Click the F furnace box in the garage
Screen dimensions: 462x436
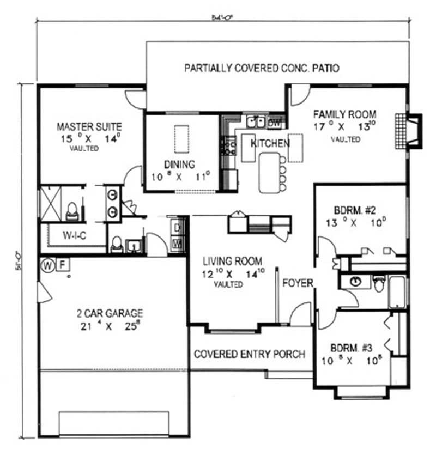63,265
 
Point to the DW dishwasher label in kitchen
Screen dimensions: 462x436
275,124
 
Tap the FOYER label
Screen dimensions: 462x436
297,283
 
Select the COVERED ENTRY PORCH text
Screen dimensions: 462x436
250,354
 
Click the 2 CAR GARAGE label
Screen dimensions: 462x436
110,313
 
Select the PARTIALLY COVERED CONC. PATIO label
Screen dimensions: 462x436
262,68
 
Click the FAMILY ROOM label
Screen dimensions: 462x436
344,114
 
